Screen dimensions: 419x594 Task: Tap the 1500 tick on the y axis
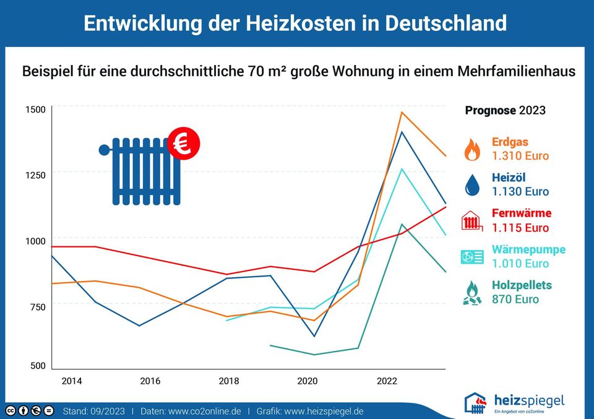click(x=35, y=110)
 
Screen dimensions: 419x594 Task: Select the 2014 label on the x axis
click(x=71, y=381)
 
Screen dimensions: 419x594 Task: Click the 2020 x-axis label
click(x=308, y=381)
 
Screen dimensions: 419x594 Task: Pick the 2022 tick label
click(x=387, y=381)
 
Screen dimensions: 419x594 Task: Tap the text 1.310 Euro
click(x=520, y=156)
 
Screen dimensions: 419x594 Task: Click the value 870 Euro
click(x=515, y=300)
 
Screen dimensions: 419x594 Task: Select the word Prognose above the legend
click(x=490, y=111)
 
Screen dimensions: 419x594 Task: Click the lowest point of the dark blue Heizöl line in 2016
click(x=139, y=326)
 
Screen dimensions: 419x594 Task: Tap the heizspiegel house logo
click(x=475, y=402)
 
